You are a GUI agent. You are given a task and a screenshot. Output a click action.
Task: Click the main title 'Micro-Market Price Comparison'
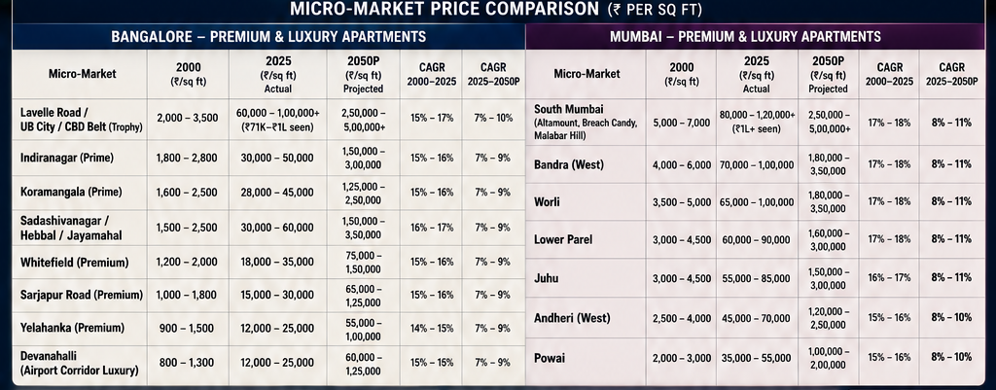point(445,10)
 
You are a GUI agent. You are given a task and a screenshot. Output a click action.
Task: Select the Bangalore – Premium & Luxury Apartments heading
point(268,36)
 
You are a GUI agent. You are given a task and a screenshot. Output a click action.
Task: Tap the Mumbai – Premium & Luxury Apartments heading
point(745,36)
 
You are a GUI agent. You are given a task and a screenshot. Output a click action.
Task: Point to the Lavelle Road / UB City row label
point(82,120)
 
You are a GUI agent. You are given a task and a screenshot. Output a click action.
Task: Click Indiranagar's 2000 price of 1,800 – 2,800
point(187,159)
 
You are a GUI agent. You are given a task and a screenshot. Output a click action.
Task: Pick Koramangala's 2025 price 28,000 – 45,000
point(277,193)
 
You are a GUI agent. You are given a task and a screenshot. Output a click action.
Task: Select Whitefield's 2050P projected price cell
point(363,262)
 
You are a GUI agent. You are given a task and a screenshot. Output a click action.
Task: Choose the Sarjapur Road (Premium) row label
point(82,295)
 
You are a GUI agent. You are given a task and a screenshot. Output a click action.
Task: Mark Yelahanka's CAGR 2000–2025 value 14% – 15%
point(431,329)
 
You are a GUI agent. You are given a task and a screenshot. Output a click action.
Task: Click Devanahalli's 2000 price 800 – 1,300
point(187,363)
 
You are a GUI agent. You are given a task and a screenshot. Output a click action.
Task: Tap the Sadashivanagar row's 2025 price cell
point(277,228)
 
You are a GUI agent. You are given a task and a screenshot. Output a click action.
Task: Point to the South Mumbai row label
point(586,123)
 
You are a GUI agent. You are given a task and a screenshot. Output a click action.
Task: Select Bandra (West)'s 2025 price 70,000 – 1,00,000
point(757,165)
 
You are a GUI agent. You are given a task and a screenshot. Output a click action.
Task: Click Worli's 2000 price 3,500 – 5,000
point(682,202)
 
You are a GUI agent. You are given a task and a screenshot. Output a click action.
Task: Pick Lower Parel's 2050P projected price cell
point(829,239)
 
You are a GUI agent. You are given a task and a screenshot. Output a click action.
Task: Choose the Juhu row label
point(547,278)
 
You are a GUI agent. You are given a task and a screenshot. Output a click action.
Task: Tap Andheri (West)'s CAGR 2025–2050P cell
point(951,318)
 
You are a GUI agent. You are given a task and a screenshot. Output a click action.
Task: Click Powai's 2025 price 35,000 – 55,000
point(757,358)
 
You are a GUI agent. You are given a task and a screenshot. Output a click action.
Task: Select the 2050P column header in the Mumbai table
point(829,74)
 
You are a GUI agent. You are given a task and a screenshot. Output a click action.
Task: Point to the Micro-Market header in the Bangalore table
point(83,74)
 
